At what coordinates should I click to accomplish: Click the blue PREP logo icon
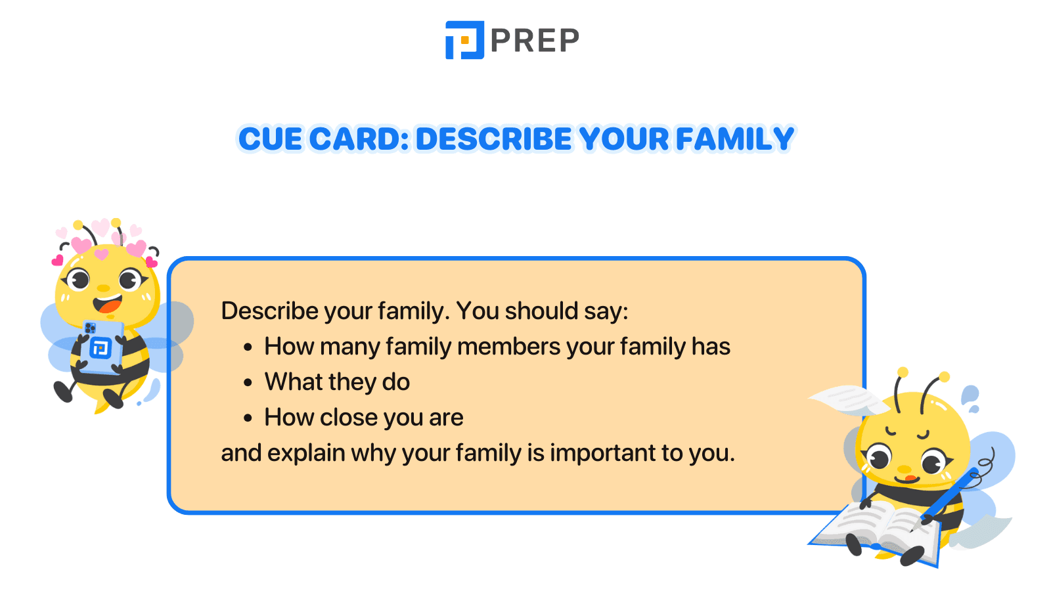click(464, 40)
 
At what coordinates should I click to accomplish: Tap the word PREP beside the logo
click(535, 40)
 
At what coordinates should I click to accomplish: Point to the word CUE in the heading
click(270, 139)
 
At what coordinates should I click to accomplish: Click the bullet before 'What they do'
click(248, 383)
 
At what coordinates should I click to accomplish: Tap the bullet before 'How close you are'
click(248, 418)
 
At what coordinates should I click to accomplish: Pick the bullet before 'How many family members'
click(248, 347)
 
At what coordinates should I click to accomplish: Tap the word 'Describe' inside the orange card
click(270, 311)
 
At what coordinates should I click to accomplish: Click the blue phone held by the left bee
click(101, 347)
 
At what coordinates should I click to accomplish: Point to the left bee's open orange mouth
click(108, 304)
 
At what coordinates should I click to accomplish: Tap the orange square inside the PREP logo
click(465, 40)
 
